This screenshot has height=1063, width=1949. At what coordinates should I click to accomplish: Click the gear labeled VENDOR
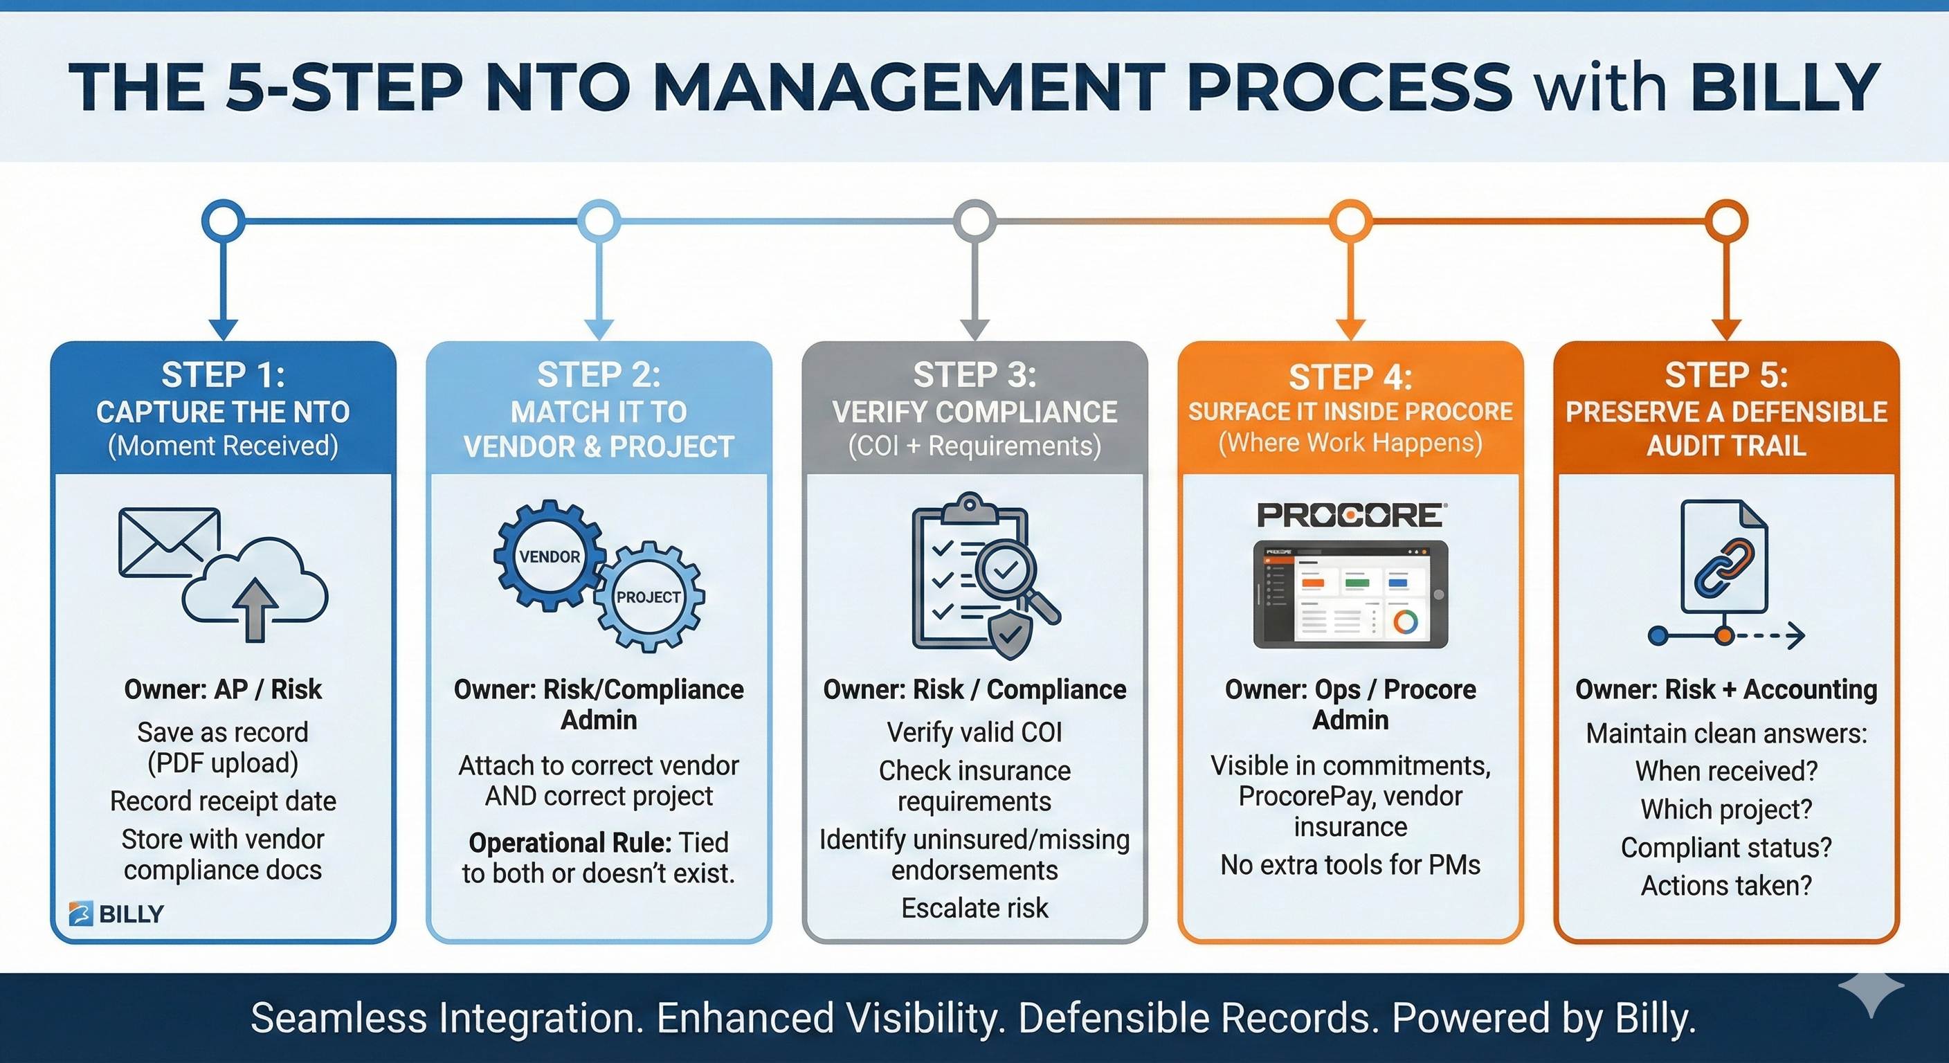(550, 556)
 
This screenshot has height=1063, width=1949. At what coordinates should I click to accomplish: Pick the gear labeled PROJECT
(649, 597)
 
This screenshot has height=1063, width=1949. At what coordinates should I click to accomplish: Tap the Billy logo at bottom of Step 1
(116, 914)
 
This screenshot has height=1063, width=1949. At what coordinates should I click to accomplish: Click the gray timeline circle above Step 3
(974, 221)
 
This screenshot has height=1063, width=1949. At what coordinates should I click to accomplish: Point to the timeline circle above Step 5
(1726, 221)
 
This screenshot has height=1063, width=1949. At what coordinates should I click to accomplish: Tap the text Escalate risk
(974, 908)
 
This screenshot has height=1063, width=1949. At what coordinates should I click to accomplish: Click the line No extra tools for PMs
(1350, 865)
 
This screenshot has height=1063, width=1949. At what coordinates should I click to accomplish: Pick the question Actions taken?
(1727, 885)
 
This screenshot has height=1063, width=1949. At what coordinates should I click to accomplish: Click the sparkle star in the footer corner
(1871, 992)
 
